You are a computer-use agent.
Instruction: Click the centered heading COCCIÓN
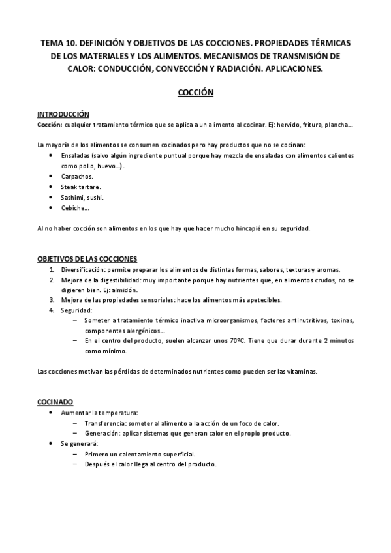click(x=196, y=93)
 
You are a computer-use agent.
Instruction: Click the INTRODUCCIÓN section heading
click(x=63, y=114)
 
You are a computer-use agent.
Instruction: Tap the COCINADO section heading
click(x=55, y=402)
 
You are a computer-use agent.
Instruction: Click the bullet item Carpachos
click(x=77, y=177)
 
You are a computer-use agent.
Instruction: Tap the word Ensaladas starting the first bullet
click(x=76, y=157)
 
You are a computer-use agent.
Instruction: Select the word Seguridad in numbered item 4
click(x=78, y=310)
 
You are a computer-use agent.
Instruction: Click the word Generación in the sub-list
click(x=103, y=433)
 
